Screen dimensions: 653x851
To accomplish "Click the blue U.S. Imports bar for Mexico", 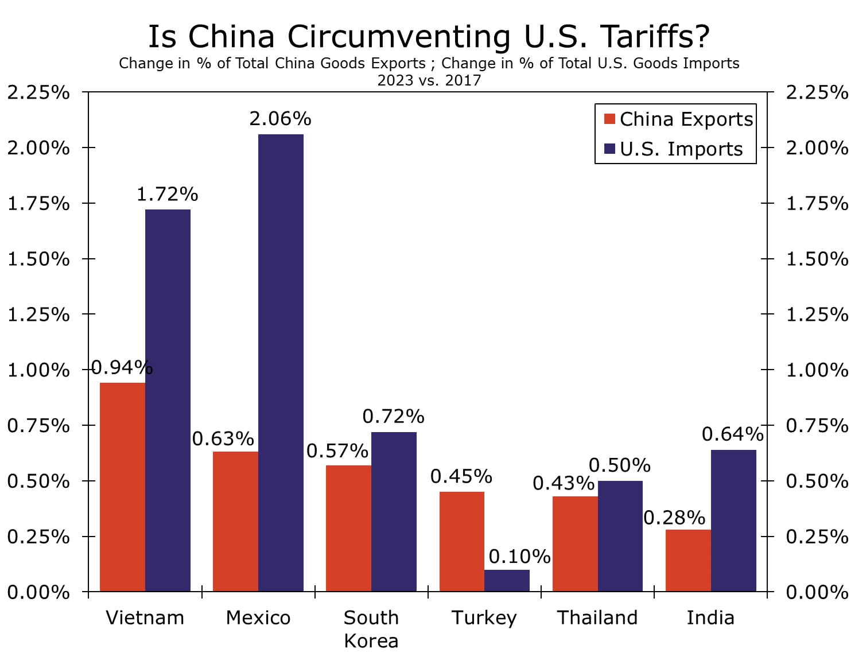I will pos(281,363).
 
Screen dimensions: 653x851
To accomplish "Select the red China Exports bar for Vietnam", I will pos(122,487).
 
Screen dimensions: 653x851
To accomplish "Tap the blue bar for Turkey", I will pos(507,580).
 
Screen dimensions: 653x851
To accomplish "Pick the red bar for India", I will pos(688,560).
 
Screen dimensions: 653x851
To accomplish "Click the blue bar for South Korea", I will pos(394,511).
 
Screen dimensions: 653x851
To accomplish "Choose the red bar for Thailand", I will pos(575,543).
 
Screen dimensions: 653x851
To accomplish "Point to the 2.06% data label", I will pos(280,119).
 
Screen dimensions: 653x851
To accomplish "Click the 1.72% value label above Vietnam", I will pos(167,195).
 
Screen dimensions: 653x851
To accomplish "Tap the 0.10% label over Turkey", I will pos(519,556).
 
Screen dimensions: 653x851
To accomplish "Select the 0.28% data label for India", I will pos(674,518).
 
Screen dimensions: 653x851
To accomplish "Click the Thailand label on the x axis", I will pos(597,617).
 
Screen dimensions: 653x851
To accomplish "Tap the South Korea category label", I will pos(371,628).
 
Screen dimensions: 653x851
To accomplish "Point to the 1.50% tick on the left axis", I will pos(38,259).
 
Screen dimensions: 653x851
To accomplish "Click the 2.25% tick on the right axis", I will pos(817,92).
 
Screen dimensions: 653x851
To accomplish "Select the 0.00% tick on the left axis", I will pos(38,592).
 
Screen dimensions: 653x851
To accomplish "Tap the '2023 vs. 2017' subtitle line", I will pos(429,80).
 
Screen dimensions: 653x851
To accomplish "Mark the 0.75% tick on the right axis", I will pos(817,425).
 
